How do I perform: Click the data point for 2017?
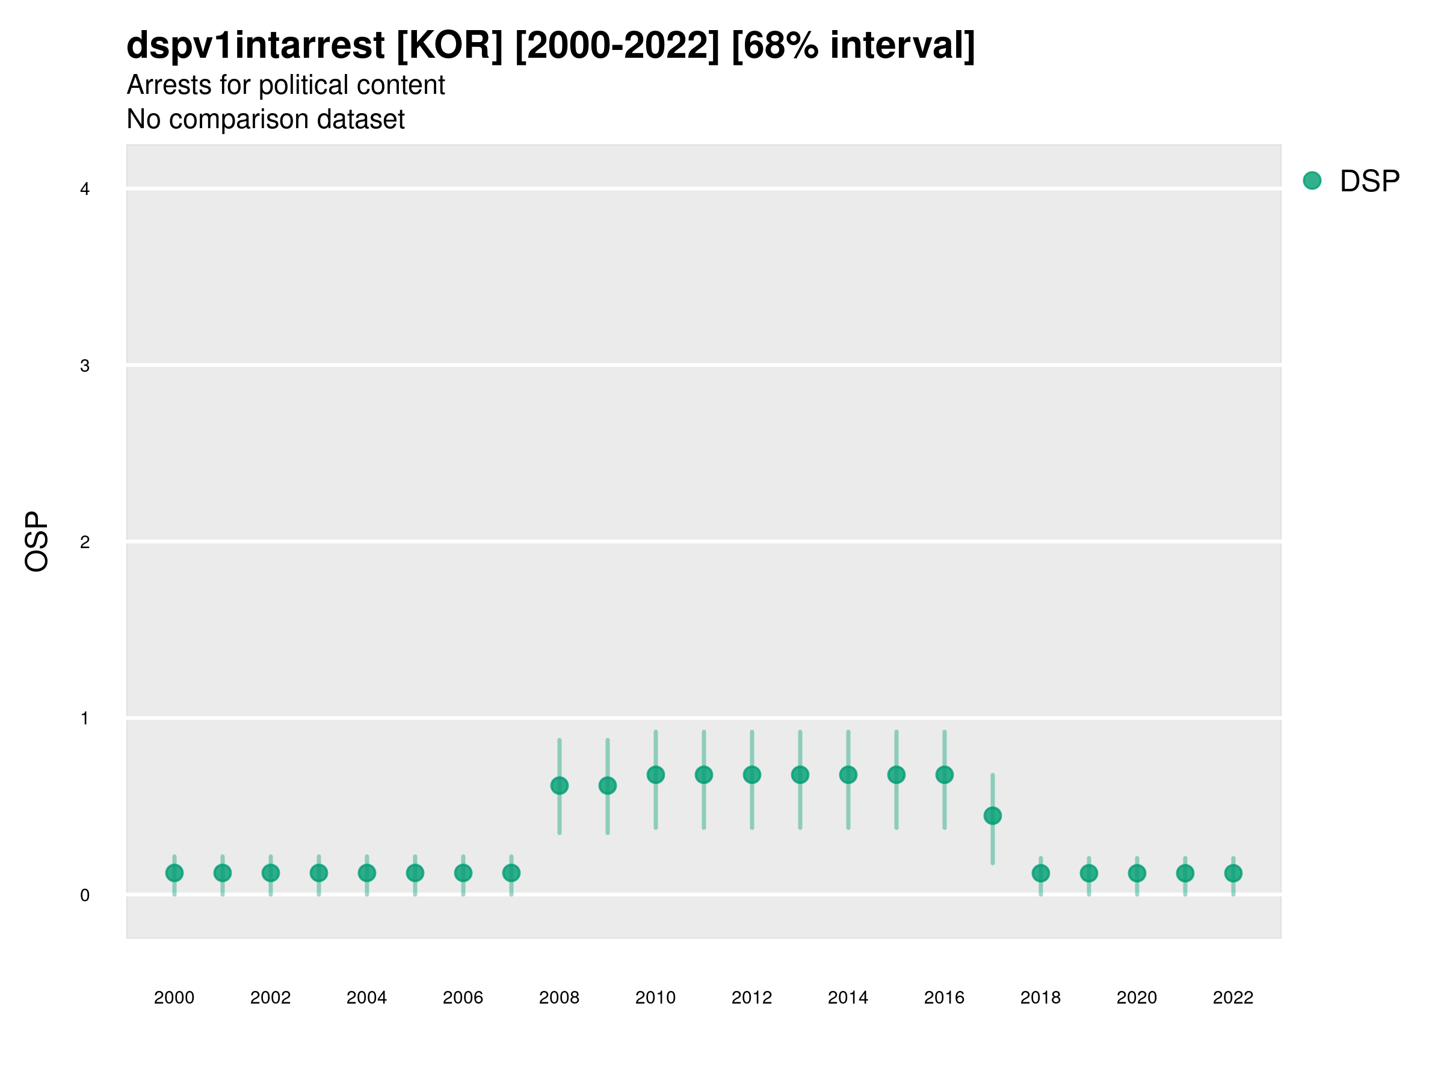[x=992, y=815]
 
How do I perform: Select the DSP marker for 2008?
[x=560, y=785]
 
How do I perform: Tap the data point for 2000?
[x=174, y=873]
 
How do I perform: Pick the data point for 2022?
[x=1233, y=873]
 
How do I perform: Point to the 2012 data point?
[x=752, y=775]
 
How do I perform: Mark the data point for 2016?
[x=945, y=775]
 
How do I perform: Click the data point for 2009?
[x=608, y=785]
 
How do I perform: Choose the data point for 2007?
[x=511, y=873]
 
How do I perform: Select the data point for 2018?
[x=1040, y=873]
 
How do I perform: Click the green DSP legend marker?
[x=1312, y=180]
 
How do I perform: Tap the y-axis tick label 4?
[x=85, y=190]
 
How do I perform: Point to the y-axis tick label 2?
[x=85, y=542]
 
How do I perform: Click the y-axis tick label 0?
[x=85, y=895]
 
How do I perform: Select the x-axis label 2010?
[x=655, y=998]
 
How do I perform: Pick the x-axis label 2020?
[x=1137, y=998]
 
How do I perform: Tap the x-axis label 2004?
[x=367, y=998]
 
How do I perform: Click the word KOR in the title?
[x=450, y=45]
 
